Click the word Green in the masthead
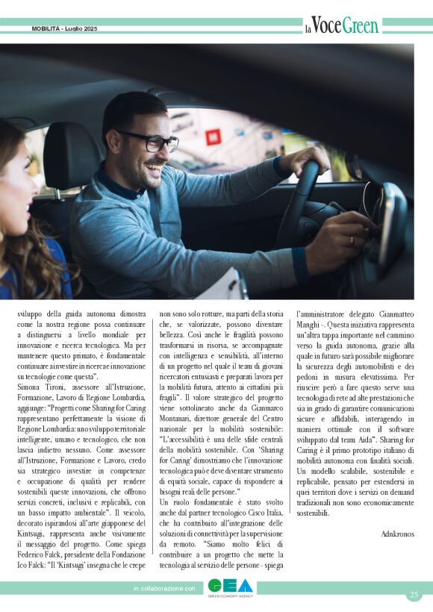(361, 25)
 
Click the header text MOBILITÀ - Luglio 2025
(64, 28)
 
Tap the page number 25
(414, 595)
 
